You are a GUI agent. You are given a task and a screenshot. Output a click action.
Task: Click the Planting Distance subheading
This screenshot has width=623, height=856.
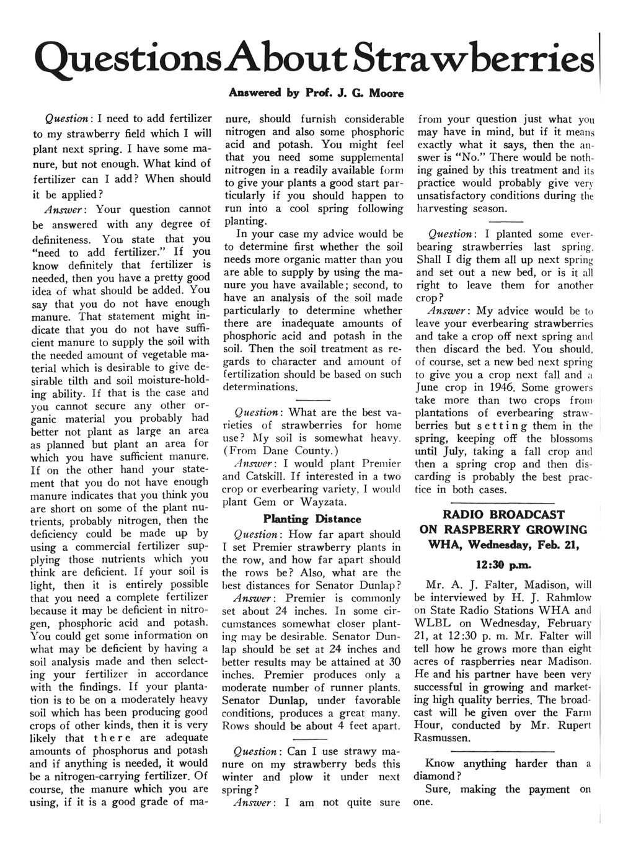[x=312, y=519]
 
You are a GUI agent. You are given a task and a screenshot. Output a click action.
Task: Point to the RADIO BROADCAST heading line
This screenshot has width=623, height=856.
[x=503, y=514]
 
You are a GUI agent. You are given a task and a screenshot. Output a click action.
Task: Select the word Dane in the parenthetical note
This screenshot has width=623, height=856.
[x=286, y=450]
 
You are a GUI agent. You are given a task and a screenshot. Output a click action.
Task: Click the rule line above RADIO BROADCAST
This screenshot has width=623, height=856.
[x=503, y=502]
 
